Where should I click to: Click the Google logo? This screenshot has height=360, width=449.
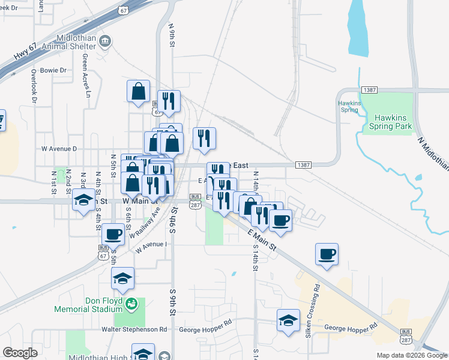(20, 353)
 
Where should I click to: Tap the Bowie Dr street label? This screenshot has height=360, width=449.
(53, 70)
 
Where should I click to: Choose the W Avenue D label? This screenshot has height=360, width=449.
(59, 148)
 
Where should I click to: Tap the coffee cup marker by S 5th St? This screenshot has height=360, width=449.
(113, 234)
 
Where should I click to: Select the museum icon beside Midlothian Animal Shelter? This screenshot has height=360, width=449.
(106, 41)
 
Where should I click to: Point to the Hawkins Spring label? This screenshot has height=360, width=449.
(349, 106)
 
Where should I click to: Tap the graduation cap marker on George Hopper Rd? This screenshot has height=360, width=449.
(289, 320)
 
